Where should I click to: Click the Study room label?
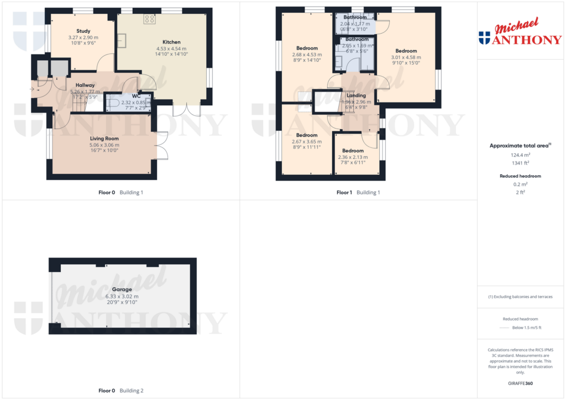pos(83,31)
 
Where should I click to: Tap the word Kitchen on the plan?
pos(171,42)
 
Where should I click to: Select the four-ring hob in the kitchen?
pos(150,19)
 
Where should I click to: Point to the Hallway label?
pos(85,85)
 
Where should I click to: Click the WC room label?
pos(136,95)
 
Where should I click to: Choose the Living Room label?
pos(104,138)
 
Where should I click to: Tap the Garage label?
pos(122,289)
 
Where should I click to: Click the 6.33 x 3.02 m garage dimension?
pos(122,296)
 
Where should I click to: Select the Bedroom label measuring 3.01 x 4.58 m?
pos(406,51)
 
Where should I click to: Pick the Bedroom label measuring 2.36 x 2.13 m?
pos(353,151)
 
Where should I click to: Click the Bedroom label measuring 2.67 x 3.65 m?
pos(307,135)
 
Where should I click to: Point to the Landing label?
pos(356,95)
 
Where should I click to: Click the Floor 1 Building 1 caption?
pos(358,193)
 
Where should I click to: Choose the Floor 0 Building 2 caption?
pos(120,391)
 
